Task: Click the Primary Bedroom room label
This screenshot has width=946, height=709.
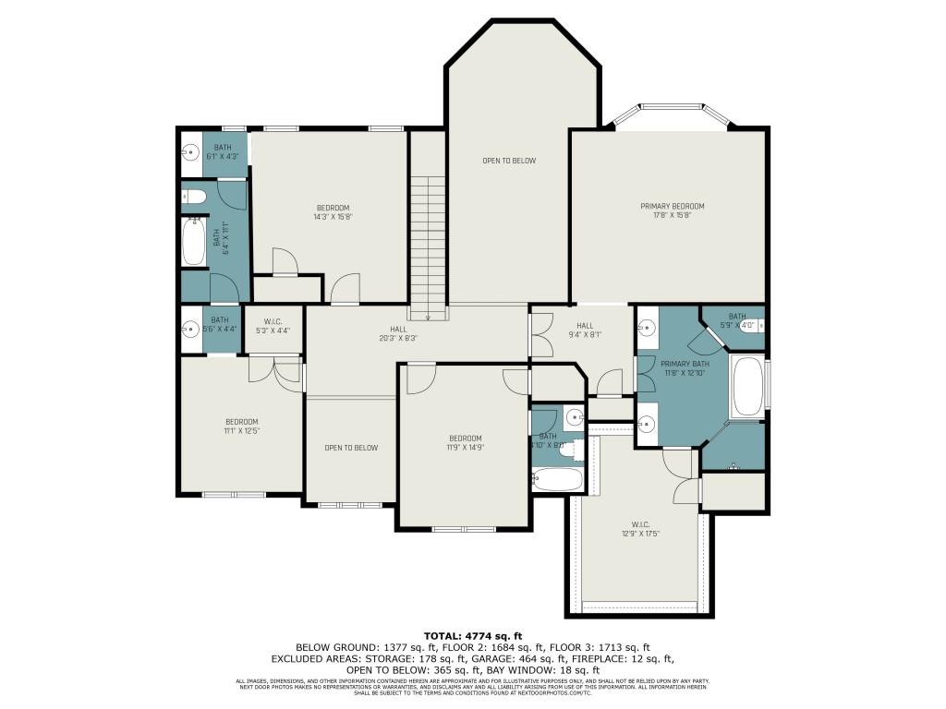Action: coord(673,206)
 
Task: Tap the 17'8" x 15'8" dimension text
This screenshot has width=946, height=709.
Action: coord(673,215)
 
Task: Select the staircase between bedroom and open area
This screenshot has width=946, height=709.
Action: coord(428,246)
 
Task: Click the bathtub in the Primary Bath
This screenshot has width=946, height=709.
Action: coord(746,387)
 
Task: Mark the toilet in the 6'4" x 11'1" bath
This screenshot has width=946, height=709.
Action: coord(193,196)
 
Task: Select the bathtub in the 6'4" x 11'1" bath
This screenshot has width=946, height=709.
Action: coord(194,242)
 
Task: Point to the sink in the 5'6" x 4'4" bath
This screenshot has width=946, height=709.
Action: coord(192,327)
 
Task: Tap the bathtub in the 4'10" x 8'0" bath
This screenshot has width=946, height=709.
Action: coord(557,479)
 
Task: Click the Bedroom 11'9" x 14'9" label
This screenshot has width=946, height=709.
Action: coord(465,442)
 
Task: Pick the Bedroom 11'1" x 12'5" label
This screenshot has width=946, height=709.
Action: coord(241,426)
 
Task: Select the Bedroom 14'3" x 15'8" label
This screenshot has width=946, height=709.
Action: coord(334,211)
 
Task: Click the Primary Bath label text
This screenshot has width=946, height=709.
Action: coord(684,365)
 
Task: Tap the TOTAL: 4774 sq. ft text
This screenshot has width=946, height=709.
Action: coord(473,635)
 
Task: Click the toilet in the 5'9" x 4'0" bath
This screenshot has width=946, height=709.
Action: coord(758,326)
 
